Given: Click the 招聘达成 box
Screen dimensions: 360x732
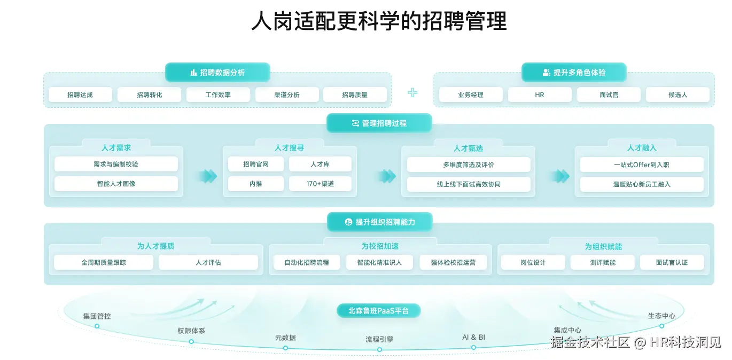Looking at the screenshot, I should (x=80, y=95).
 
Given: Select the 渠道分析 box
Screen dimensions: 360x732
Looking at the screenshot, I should (x=287, y=95).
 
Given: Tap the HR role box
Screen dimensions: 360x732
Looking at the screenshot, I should (x=540, y=95).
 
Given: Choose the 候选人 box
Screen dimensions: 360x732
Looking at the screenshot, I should (x=678, y=95).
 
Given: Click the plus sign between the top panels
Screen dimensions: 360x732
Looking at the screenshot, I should (x=412, y=92).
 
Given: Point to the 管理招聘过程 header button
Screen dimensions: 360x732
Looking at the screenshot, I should (x=379, y=123).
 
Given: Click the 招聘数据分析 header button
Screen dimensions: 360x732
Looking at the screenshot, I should (x=217, y=72).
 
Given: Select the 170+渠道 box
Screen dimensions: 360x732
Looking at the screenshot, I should (x=320, y=184).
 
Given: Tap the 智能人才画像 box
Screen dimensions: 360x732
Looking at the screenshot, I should (x=116, y=184).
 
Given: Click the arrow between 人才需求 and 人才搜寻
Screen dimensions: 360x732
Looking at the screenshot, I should (x=208, y=176).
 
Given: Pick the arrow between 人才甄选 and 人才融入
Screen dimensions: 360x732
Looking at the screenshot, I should (x=560, y=176).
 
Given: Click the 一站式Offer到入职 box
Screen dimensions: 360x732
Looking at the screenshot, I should (x=642, y=165).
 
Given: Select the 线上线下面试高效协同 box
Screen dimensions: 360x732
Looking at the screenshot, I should (x=469, y=184).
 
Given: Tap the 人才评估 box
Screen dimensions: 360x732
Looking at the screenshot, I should (x=208, y=262).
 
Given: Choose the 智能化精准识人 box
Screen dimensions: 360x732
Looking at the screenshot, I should (x=379, y=262).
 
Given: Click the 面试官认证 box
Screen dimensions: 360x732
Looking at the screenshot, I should (x=672, y=262).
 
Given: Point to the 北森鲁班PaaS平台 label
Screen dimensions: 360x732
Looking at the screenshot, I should (x=379, y=310).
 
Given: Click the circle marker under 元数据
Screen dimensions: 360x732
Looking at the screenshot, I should (x=285, y=348).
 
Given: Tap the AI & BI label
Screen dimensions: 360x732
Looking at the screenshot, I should (x=473, y=338).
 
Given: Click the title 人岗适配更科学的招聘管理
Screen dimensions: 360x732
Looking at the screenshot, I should (x=379, y=22).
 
